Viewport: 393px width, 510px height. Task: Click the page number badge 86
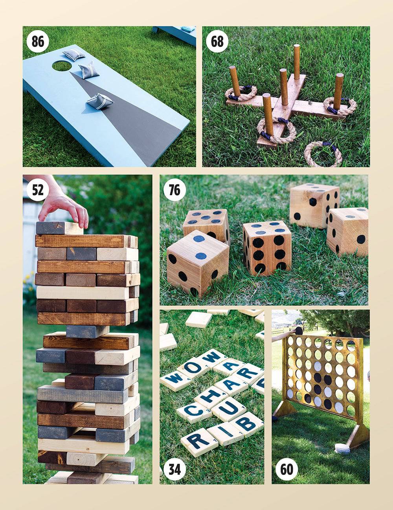click(38, 41)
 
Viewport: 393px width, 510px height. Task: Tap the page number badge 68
click(217, 41)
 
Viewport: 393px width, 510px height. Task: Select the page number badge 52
click(38, 190)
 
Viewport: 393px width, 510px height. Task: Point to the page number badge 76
click(174, 190)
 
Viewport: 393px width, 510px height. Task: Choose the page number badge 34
click(174, 469)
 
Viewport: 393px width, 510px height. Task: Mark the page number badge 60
click(286, 469)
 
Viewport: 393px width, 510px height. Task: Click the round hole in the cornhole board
click(62, 66)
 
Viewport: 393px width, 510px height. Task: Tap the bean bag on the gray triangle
click(95, 101)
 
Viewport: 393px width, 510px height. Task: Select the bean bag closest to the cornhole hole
click(73, 54)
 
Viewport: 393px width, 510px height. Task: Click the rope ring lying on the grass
click(323, 154)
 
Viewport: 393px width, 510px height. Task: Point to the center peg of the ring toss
click(283, 84)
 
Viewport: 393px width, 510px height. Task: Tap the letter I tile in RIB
click(226, 432)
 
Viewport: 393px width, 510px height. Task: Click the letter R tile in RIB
click(199, 442)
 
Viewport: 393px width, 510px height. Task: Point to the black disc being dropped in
click(299, 331)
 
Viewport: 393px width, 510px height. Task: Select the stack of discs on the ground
click(342, 449)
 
